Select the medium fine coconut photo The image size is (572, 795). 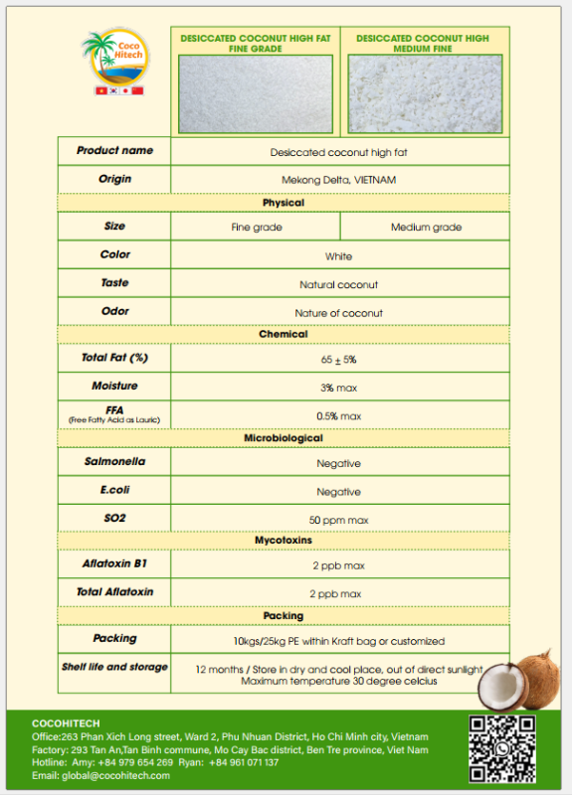425,93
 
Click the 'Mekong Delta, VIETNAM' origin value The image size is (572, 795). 339,180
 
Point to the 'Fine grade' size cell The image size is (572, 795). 257,228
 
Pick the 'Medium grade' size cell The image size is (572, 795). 426,228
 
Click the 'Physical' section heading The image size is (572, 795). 284,203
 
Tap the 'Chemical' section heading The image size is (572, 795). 284,334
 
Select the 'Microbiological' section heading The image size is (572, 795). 284,438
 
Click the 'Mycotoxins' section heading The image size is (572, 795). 284,540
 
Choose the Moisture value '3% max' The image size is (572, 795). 339,387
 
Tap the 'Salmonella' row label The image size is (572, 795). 114,462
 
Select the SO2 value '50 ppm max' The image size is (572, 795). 339,520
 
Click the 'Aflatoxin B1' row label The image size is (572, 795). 114,563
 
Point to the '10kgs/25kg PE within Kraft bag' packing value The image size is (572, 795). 339,641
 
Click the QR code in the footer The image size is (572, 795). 501,747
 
